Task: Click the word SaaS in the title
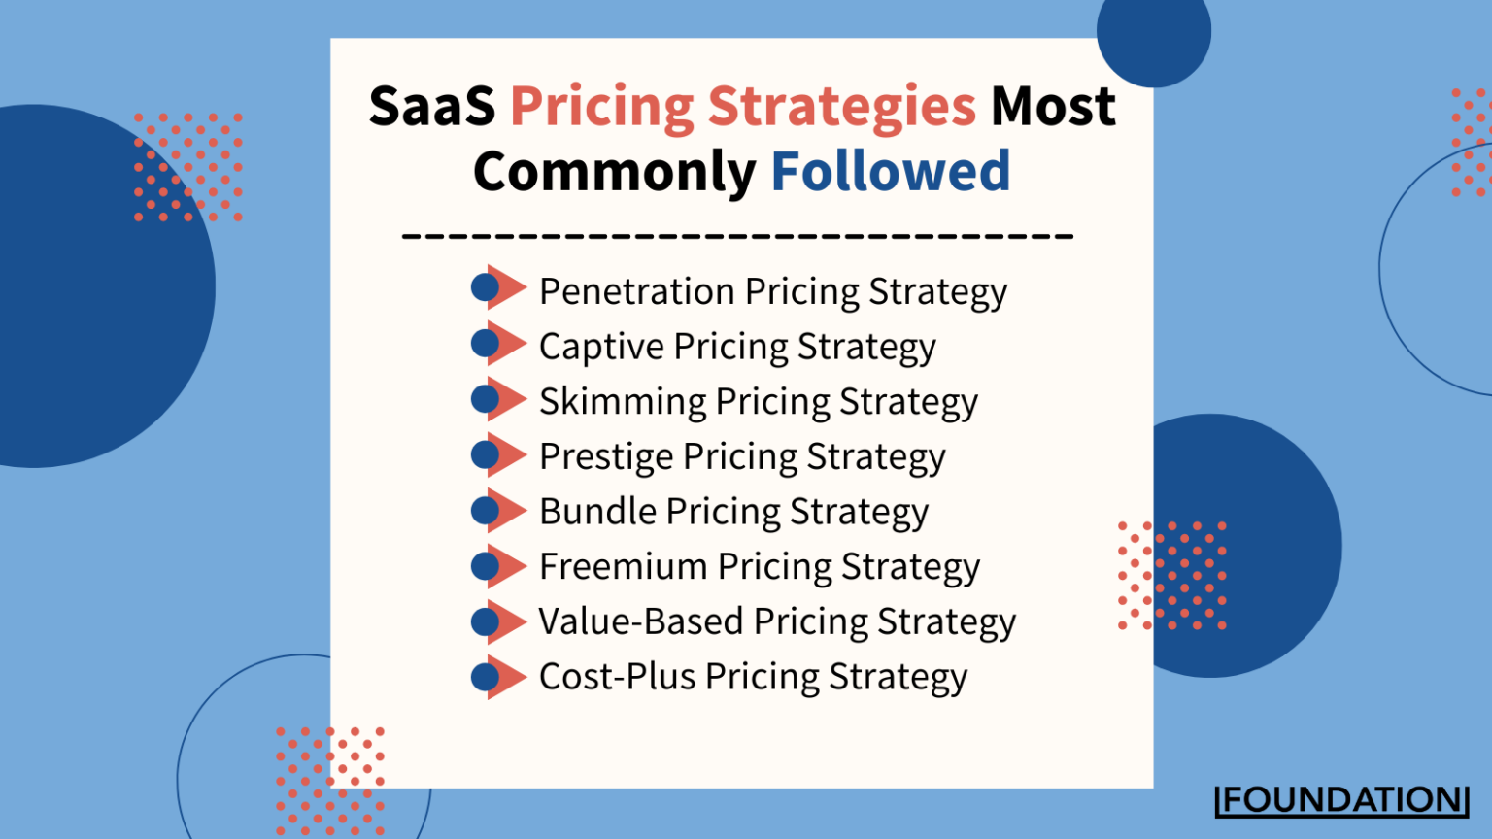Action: tap(432, 106)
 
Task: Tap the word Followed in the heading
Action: tap(890, 171)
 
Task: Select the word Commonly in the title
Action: tap(614, 173)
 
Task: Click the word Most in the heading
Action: tap(1053, 106)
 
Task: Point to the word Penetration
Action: tap(636, 290)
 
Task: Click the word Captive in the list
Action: tap(601, 347)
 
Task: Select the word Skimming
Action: tap(623, 402)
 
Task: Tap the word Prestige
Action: tap(606, 456)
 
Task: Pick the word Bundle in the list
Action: tap(597, 511)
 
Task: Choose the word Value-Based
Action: tap(641, 621)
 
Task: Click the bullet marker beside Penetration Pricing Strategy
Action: tap(497, 287)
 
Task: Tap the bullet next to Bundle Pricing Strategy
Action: tap(497, 510)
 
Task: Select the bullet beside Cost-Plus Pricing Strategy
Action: tap(497, 677)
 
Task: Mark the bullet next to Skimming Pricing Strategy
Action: tap(497, 398)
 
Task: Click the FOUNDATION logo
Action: tap(1341, 800)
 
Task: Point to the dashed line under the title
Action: tap(737, 235)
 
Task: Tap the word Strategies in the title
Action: tap(840, 106)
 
